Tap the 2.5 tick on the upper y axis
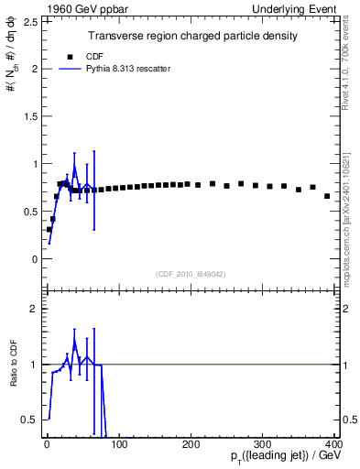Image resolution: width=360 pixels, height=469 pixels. tap(28, 21)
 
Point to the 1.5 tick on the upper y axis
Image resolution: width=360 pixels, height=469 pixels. tap(28, 116)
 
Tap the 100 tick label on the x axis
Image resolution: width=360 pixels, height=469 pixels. tap(118, 444)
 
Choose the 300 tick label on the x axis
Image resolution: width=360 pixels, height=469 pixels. tap(263, 444)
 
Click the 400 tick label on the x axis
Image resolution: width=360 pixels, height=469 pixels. tap(334, 444)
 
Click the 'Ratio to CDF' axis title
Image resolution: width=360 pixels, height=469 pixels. tap(13, 378)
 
